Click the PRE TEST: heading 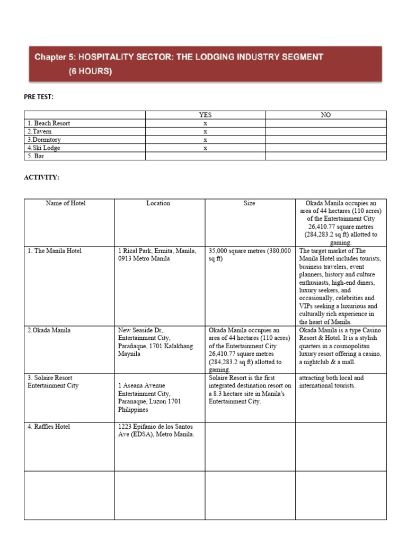pyautogui.click(x=39, y=97)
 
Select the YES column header pyautogui.click(x=205, y=115)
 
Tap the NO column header pyautogui.click(x=326, y=115)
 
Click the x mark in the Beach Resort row pyautogui.click(x=205, y=123)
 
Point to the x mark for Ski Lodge pyautogui.click(x=205, y=148)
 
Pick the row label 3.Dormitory pyautogui.click(x=44, y=140)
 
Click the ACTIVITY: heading pyautogui.click(x=41, y=177)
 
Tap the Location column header pyautogui.click(x=158, y=203)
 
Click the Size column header pyautogui.click(x=249, y=203)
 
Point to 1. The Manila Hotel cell pyautogui.click(x=55, y=251)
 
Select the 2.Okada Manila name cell pyautogui.click(x=49, y=330)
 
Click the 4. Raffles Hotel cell pyautogui.click(x=49, y=427)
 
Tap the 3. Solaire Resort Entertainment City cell pyautogui.click(x=53, y=382)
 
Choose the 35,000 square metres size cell pyautogui.click(x=250, y=255)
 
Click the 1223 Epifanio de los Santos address pyautogui.click(x=156, y=430)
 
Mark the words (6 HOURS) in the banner pyautogui.click(x=90, y=72)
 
